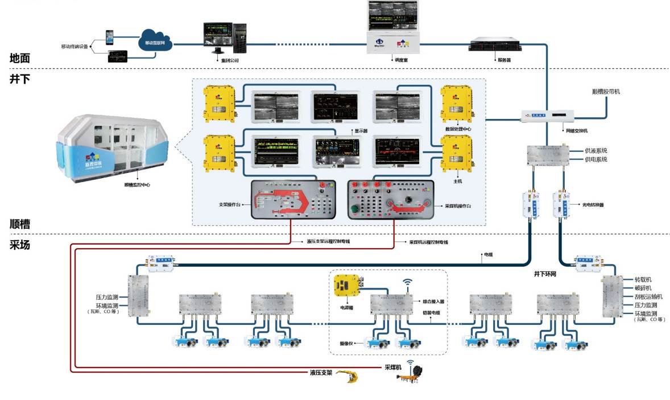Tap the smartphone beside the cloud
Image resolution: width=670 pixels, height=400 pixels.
click(x=111, y=38)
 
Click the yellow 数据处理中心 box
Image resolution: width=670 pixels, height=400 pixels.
click(x=455, y=104)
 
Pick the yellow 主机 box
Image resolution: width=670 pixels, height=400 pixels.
click(x=455, y=154)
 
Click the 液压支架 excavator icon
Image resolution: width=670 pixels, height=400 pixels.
click(x=350, y=376)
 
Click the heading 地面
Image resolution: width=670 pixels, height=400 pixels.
click(x=20, y=57)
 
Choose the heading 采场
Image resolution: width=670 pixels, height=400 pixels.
click(x=20, y=245)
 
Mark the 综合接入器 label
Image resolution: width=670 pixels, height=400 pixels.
click(x=434, y=302)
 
